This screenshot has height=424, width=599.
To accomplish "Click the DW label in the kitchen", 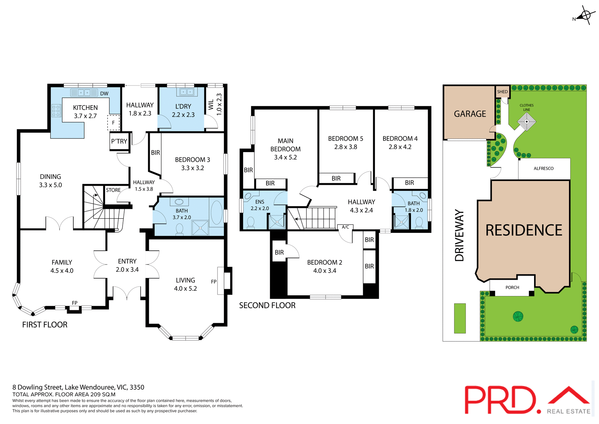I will pyautogui.click(x=104, y=94).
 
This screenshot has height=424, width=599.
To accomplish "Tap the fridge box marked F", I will pyautogui.click(x=113, y=123).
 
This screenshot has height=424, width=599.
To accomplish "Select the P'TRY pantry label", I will pyautogui.click(x=119, y=141).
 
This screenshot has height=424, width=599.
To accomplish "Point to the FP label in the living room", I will pyautogui.click(x=214, y=282).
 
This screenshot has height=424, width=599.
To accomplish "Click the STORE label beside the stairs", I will pyautogui.click(x=113, y=190).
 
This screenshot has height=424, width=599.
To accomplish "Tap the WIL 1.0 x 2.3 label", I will pyautogui.click(x=215, y=105).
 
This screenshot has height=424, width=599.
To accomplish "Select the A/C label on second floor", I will pyautogui.click(x=345, y=227).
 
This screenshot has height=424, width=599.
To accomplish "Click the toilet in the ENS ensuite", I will pyautogui.click(x=251, y=222).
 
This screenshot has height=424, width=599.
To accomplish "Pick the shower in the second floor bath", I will pyautogui.click(x=401, y=222).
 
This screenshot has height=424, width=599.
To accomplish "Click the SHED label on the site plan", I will pyautogui.click(x=502, y=92).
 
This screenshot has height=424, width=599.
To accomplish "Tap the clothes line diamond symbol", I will pyautogui.click(x=527, y=121).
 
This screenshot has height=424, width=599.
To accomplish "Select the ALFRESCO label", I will pyautogui.click(x=543, y=169).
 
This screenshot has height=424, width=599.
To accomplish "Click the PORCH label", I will pyautogui.click(x=512, y=288).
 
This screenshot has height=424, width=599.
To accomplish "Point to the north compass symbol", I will pyautogui.click(x=586, y=15).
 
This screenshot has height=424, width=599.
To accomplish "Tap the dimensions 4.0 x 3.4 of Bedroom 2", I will pyautogui.click(x=324, y=271).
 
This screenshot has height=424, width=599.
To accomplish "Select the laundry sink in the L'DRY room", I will pyautogui.click(x=187, y=92).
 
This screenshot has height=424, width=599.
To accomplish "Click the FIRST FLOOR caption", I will pyautogui.click(x=45, y=325).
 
